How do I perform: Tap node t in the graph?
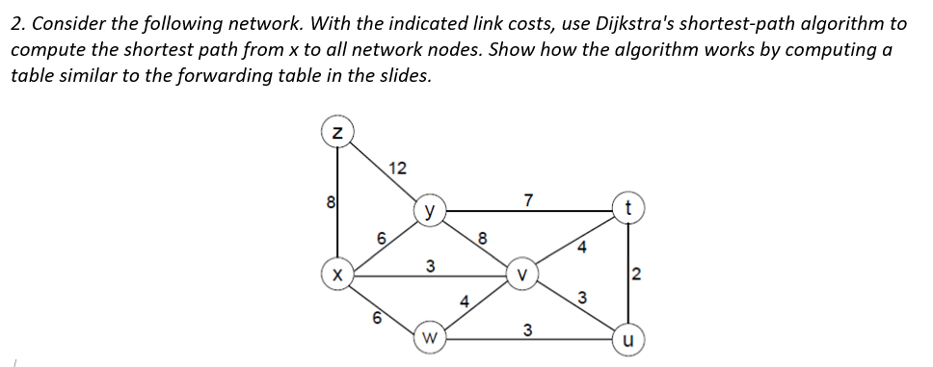click(x=628, y=209)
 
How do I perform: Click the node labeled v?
click(x=521, y=274)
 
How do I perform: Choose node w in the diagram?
click(x=430, y=338)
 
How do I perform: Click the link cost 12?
click(x=396, y=169)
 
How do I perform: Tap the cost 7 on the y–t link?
click(x=527, y=199)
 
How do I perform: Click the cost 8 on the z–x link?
click(x=330, y=203)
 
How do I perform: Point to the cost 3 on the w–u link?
click(x=527, y=330)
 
